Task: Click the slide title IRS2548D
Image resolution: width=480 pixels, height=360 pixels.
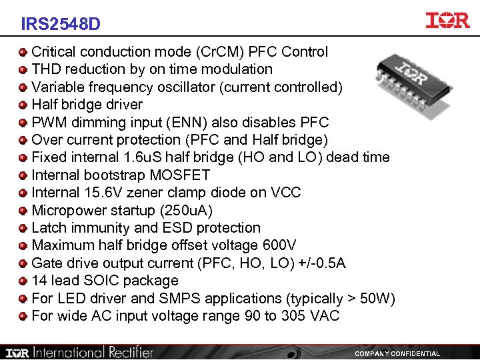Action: pyautogui.click(x=61, y=25)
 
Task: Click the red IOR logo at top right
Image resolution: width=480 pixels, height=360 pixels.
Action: pyautogui.click(x=447, y=20)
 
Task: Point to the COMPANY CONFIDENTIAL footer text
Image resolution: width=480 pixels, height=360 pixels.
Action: pyautogui.click(x=397, y=353)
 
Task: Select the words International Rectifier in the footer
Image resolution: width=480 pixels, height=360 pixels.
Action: pyautogui.click(x=93, y=352)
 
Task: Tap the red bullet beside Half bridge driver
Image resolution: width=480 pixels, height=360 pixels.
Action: pyautogui.click(x=23, y=105)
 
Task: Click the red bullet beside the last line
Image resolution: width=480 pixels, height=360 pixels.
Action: pyautogui.click(x=23, y=316)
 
